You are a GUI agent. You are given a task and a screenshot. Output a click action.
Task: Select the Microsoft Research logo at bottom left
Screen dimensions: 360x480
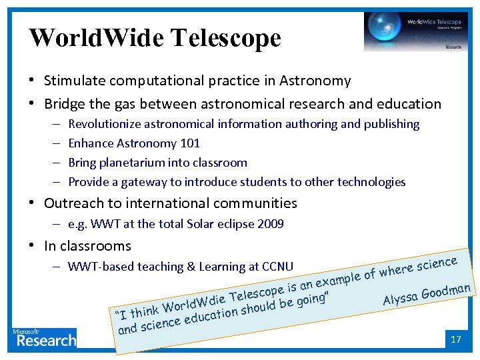43,337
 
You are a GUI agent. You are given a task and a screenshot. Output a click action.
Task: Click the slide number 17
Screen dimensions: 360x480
456,339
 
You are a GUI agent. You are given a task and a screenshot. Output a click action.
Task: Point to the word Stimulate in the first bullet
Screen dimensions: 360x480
73,81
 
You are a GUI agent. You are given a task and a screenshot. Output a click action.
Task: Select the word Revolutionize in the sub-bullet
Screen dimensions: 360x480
103,124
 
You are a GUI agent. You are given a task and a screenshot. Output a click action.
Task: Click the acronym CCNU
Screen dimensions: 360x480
277,267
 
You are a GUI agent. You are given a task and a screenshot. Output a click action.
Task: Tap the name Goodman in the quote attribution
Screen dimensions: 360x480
446,292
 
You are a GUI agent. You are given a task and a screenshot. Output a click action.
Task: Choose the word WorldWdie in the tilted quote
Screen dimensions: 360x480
194,304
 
